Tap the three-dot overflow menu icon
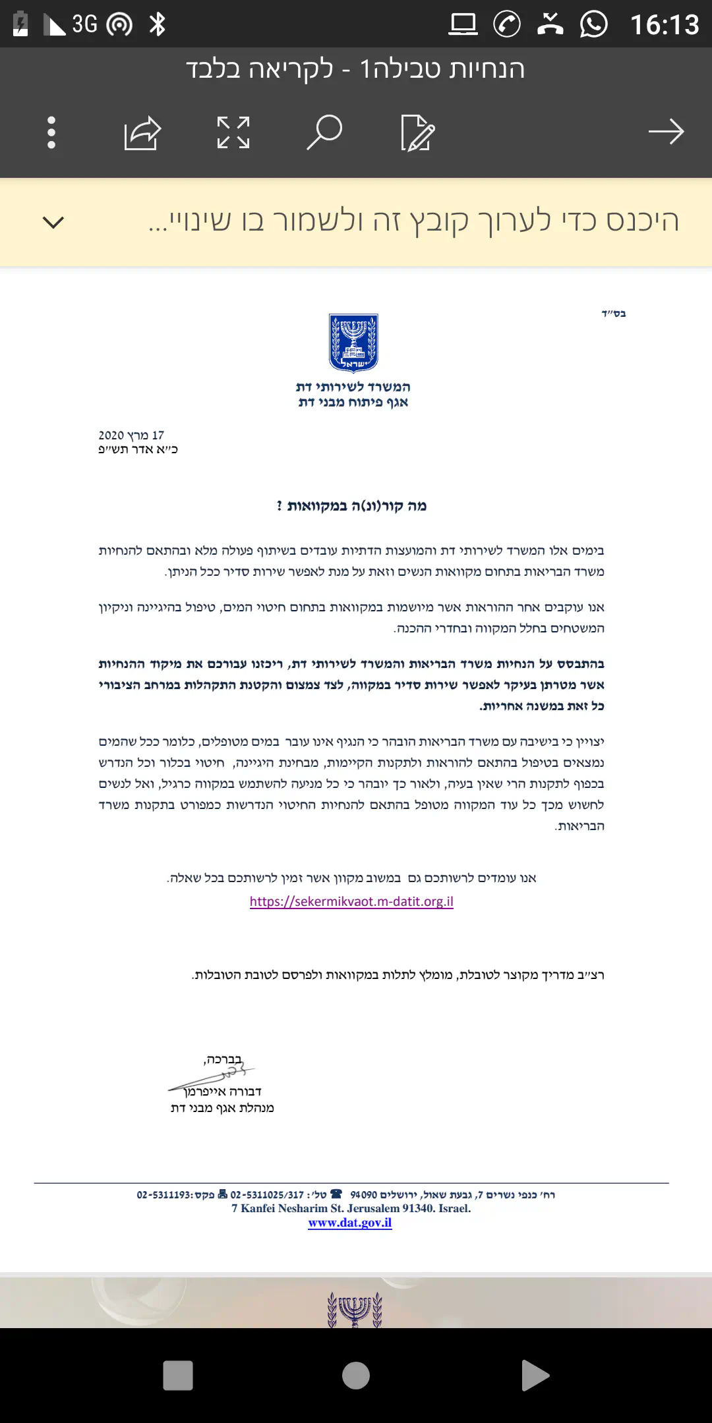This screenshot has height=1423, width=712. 51,132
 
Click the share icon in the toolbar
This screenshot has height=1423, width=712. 142,132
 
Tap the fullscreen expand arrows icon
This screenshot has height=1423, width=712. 233,132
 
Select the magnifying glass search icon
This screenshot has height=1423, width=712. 324,132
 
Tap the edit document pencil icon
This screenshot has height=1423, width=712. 417,132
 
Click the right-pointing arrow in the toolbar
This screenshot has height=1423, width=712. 666,132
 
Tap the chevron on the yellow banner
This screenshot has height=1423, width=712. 53,222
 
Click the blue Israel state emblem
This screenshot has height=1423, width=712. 353,343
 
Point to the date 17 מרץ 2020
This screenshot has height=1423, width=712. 131,435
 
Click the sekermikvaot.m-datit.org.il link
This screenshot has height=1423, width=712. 351,901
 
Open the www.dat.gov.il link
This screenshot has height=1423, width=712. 350,1223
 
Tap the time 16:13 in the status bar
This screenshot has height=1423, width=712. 664,25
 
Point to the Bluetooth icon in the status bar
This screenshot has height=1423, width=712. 158,24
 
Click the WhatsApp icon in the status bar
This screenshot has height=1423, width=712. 593,24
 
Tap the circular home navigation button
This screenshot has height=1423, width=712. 356,1376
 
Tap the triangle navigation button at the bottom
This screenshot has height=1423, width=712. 535,1376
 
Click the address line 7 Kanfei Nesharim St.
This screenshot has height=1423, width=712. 351,1208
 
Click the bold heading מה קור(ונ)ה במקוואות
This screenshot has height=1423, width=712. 352,506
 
